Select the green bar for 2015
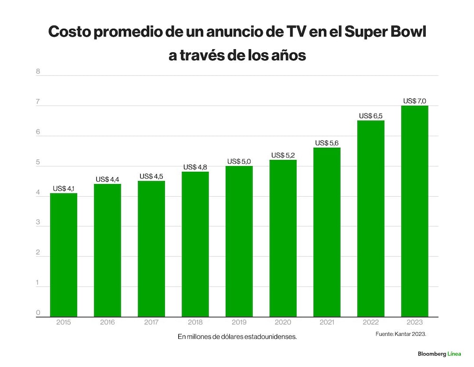[64, 255]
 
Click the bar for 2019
[239, 241]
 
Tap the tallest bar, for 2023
[415, 211]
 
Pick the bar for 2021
[327, 232]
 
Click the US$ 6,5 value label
[371, 116]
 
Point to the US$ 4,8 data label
[195, 167]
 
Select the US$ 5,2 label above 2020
[283, 155]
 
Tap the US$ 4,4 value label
[107, 179]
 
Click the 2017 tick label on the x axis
[151, 322]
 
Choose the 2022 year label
[371, 322]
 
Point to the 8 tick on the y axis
[38, 71]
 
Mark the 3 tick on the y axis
[38, 222]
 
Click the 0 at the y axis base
[38, 313]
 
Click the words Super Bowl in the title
[385, 32]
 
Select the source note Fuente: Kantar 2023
[401, 334]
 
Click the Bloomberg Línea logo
[439, 354]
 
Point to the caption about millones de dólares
[237, 337]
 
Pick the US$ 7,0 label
[415, 101]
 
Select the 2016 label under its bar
[107, 322]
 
